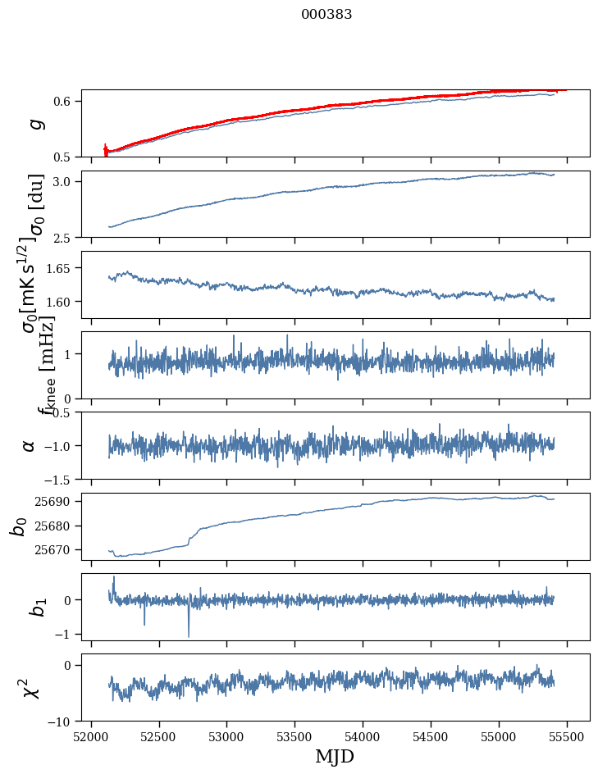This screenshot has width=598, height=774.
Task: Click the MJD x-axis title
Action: [335, 756]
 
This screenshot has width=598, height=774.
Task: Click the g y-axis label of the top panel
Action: [34, 123]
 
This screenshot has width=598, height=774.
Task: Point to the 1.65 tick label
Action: [62, 268]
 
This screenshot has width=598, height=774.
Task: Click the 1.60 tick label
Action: [62, 302]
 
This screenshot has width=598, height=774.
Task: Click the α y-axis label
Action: [29, 445]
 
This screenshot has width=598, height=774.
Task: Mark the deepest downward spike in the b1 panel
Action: [189, 635]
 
